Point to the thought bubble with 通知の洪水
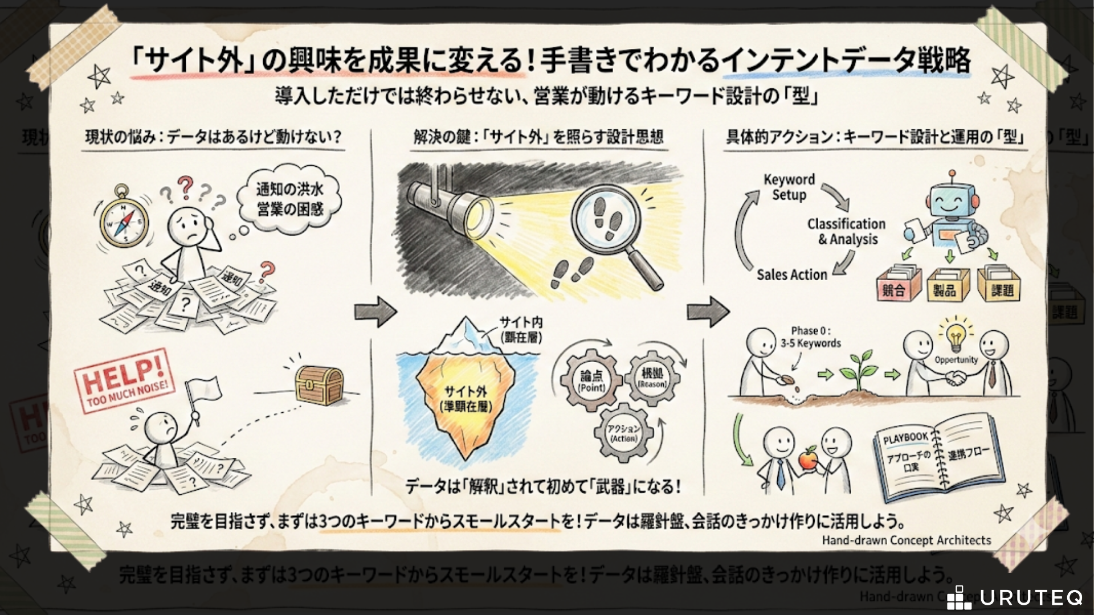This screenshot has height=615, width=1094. pyautogui.click(x=289, y=199)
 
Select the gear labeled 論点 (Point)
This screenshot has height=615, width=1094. pyautogui.click(x=592, y=380)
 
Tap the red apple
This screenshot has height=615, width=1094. pyautogui.click(x=807, y=458)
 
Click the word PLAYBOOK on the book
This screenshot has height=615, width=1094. pyautogui.click(x=906, y=437)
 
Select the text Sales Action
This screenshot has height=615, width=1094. pyautogui.click(x=791, y=274)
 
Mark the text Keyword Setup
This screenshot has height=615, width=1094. pyautogui.click(x=789, y=187)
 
